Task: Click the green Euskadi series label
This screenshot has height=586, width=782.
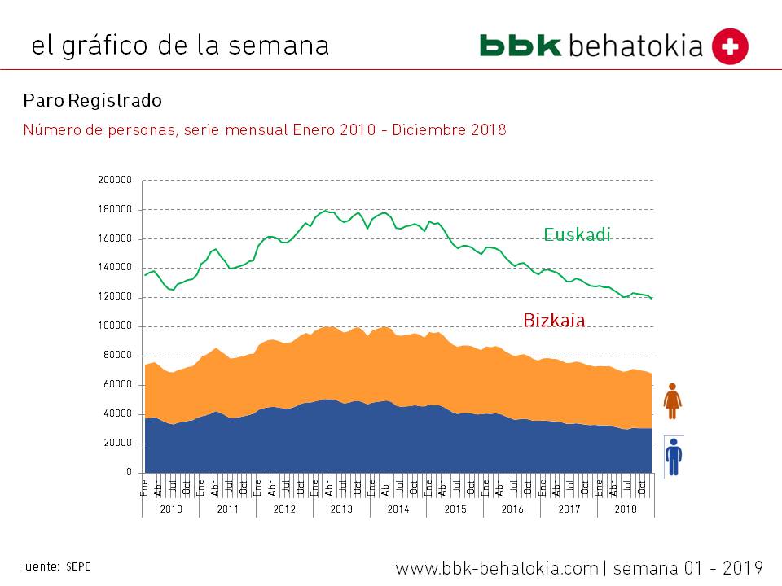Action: [577, 234]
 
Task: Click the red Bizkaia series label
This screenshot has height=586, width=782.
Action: [554, 320]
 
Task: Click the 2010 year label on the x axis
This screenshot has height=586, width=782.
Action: [171, 509]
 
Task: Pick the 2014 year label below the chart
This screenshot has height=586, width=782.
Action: [398, 509]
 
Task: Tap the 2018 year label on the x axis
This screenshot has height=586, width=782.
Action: [626, 509]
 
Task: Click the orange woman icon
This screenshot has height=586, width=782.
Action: [673, 400]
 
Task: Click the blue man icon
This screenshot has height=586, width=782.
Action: [674, 456]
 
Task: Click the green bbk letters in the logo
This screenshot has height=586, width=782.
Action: [521, 46]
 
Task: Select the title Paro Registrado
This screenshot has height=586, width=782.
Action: [93, 100]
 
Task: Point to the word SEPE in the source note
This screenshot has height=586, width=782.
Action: [79, 566]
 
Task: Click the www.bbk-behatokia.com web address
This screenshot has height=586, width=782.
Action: [496, 567]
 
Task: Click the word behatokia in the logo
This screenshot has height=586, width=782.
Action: [635, 46]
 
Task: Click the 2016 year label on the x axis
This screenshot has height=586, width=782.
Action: [512, 509]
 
